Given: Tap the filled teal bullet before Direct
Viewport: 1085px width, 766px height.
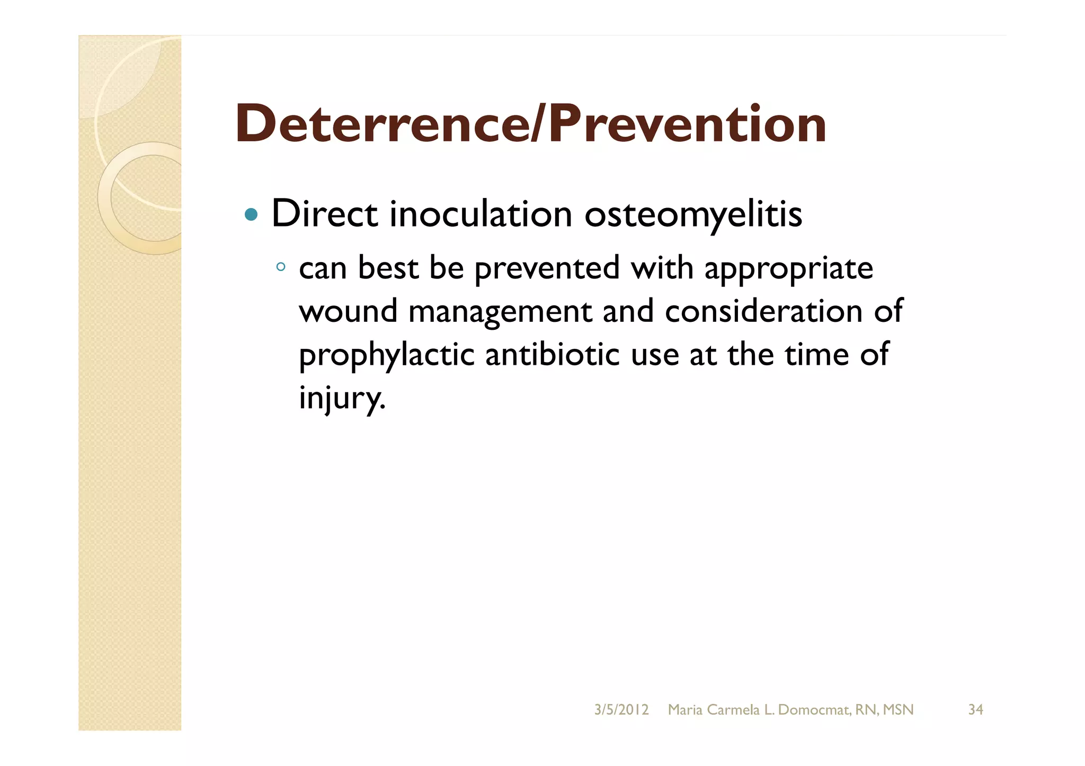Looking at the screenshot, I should [251, 215].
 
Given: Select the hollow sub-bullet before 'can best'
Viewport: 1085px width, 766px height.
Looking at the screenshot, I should [281, 267].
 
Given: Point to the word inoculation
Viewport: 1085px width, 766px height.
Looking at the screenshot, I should [481, 214].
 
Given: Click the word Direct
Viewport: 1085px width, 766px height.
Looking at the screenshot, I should [324, 214].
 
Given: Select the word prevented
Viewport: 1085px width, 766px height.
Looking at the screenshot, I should [547, 268].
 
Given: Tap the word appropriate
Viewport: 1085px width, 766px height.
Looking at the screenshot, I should [788, 268].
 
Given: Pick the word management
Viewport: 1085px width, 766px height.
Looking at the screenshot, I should [500, 312].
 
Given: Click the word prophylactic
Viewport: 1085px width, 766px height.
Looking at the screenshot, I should [386, 355].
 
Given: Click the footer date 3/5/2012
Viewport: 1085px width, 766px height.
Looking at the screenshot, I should [621, 709].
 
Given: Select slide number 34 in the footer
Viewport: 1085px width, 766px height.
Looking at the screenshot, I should [975, 709].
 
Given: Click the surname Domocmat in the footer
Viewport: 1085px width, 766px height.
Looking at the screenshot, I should [813, 709].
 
